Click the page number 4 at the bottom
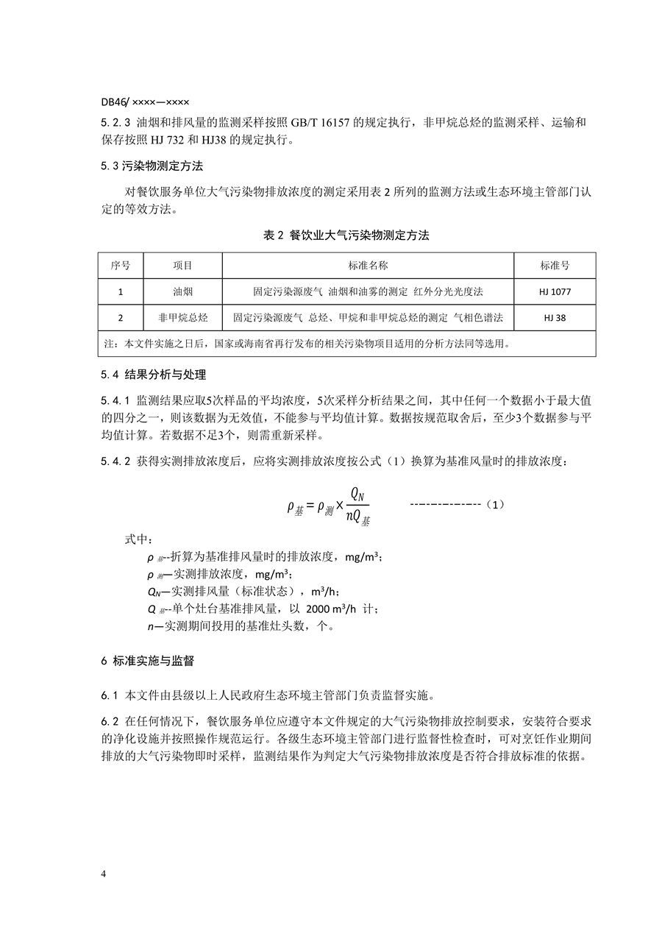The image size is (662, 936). click(x=104, y=873)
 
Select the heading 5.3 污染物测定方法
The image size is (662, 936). click(x=152, y=166)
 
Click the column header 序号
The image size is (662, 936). click(x=120, y=265)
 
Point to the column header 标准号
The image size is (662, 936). click(x=555, y=265)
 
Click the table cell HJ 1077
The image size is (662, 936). click(x=555, y=292)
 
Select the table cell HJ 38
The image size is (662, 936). click(x=555, y=318)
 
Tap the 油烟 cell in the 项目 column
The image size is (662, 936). click(x=182, y=292)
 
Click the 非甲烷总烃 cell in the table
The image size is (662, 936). click(x=182, y=318)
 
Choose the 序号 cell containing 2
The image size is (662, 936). click(x=120, y=318)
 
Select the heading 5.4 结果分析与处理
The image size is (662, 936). click(x=154, y=375)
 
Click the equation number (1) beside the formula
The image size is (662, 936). click(x=496, y=505)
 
